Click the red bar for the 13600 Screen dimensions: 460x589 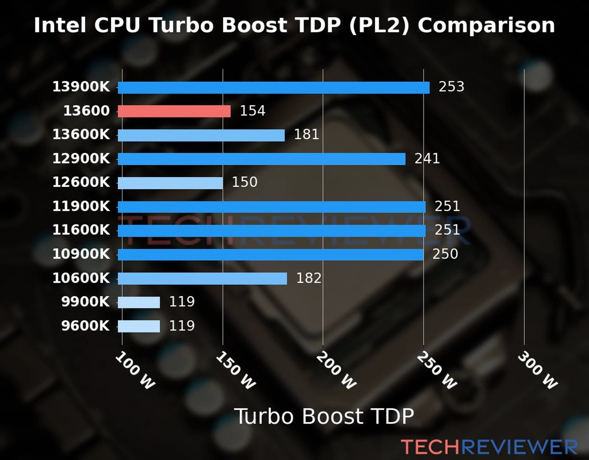tap(174, 111)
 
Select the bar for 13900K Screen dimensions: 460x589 tap(273, 87)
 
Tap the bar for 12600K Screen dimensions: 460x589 tap(170, 183)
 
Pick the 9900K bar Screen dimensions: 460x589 tap(139, 302)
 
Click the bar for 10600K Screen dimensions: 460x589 tap(202, 278)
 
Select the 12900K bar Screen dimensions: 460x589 tap(262, 159)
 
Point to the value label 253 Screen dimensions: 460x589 tap(451, 87)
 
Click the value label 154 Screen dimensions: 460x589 tap(252, 111)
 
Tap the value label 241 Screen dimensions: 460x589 tap(427, 158)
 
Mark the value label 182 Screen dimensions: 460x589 tap(309, 278)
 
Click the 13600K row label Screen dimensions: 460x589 tap(81, 135)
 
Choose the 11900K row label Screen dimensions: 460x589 tap(81, 206)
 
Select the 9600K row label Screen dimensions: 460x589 tap(85, 326)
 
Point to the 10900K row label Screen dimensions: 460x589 tap(81, 254)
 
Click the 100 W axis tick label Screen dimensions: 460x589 tap(135, 370)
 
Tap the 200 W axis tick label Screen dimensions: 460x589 tap(336, 370)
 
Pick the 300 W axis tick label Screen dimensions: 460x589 tap(537, 370)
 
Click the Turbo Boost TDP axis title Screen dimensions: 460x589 tap(324, 416)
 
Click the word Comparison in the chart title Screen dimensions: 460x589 tap(486, 25)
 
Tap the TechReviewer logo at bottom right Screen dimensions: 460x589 tap(489, 447)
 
